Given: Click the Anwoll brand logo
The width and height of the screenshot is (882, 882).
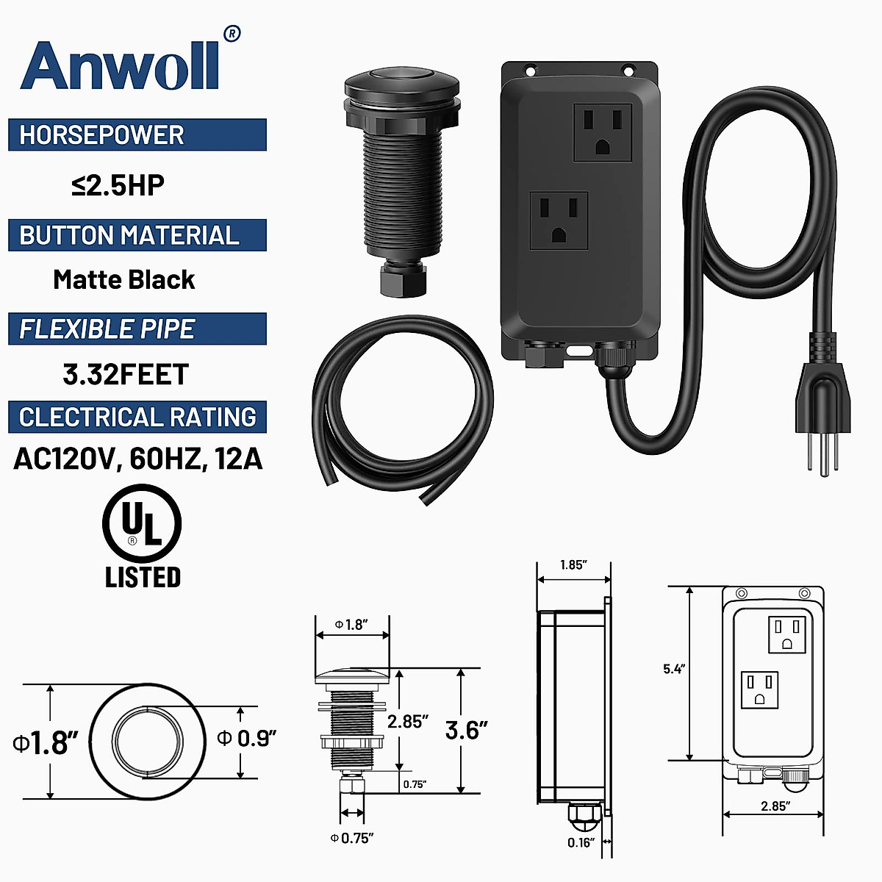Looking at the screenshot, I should [x=121, y=65].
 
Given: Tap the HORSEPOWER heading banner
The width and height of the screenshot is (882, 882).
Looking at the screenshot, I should [x=137, y=135].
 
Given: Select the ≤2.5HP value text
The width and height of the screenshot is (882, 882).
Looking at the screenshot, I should [x=118, y=185].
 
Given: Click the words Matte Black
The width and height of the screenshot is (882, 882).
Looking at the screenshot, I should [x=123, y=280].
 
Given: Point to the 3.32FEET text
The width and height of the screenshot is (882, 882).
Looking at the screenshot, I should [x=126, y=374].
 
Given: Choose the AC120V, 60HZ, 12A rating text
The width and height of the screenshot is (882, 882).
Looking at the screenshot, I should [x=138, y=459].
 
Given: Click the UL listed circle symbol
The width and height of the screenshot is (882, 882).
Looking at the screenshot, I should [x=142, y=524].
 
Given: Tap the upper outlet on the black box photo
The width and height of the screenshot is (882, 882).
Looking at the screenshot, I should [x=603, y=132].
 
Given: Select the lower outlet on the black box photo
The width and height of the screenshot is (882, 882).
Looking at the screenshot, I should [x=559, y=220].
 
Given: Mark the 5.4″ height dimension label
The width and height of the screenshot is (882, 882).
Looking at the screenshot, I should [x=673, y=669].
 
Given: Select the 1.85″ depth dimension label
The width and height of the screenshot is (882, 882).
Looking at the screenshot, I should [x=573, y=565].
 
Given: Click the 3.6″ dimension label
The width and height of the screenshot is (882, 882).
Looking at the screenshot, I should [x=466, y=731].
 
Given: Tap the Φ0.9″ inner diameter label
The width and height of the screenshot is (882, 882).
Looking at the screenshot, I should [x=247, y=738].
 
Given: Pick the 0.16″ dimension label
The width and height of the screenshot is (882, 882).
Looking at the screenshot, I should [x=580, y=843].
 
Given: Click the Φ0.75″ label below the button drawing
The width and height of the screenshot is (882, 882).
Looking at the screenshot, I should [x=352, y=838].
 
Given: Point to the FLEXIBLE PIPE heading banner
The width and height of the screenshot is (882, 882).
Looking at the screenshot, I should [x=137, y=329].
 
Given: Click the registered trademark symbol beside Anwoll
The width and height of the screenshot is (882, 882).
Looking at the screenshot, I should [x=232, y=33].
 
